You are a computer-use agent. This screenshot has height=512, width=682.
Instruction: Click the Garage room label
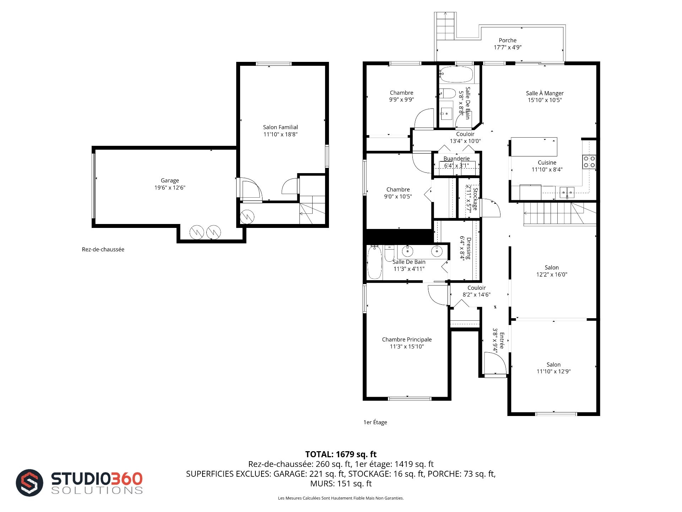(170, 181)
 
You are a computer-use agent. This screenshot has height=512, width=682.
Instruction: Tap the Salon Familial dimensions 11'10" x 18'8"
(280, 134)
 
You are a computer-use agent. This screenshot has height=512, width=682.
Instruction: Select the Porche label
(508, 41)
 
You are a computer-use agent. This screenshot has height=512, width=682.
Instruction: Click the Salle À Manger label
(545, 93)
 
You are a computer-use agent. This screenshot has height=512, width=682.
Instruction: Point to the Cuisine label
(547, 163)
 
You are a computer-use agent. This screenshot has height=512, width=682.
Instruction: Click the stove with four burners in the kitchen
(589, 162)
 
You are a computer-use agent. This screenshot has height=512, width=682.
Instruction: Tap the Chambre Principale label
(407, 340)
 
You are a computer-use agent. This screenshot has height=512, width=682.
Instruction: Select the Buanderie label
(456, 159)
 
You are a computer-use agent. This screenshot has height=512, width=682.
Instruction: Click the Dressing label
(469, 248)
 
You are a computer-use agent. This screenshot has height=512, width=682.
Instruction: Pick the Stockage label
(475, 199)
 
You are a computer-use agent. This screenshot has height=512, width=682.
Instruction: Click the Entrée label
(502, 341)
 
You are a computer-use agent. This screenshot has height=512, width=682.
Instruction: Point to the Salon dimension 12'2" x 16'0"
(552, 274)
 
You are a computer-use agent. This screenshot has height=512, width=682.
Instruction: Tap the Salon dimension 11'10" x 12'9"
(553, 372)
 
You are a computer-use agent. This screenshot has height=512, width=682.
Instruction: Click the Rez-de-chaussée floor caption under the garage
(103, 250)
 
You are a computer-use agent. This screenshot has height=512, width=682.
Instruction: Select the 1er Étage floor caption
(375, 422)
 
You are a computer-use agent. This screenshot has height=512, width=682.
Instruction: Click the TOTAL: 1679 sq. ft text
(341, 454)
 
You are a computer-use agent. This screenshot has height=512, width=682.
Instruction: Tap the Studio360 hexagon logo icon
(29, 483)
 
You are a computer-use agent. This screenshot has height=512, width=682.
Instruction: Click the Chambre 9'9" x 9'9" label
(401, 96)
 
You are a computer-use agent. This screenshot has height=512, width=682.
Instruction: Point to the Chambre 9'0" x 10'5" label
(398, 193)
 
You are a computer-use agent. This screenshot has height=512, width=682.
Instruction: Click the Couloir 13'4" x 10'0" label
(465, 138)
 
